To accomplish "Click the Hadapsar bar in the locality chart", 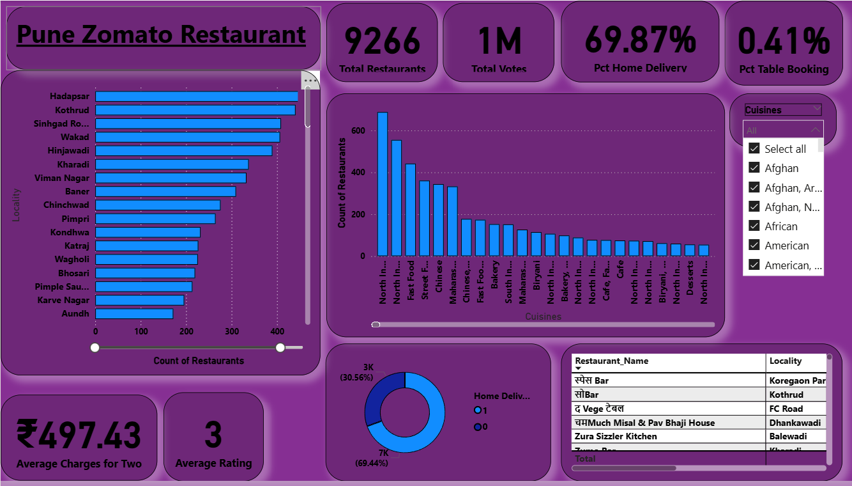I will tap(196, 97).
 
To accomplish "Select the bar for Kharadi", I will tap(172, 164).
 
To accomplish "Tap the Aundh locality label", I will tap(75, 313).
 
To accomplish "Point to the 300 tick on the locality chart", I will tap(232, 331).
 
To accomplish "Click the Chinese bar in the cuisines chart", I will tap(438, 220).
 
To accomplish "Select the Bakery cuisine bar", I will tap(494, 240).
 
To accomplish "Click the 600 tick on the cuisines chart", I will tap(358, 130).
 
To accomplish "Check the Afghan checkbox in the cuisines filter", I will tap(754, 168).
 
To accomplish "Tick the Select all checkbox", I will tap(754, 149).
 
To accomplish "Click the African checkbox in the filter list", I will tap(754, 226).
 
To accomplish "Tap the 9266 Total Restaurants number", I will tap(382, 41).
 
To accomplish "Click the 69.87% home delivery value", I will tap(640, 40).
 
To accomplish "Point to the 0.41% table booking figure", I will tap(784, 41).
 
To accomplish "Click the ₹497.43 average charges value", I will tap(79, 435).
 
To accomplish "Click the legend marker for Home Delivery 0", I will tap(478, 427).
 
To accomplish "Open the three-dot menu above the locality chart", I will tap(310, 81).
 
